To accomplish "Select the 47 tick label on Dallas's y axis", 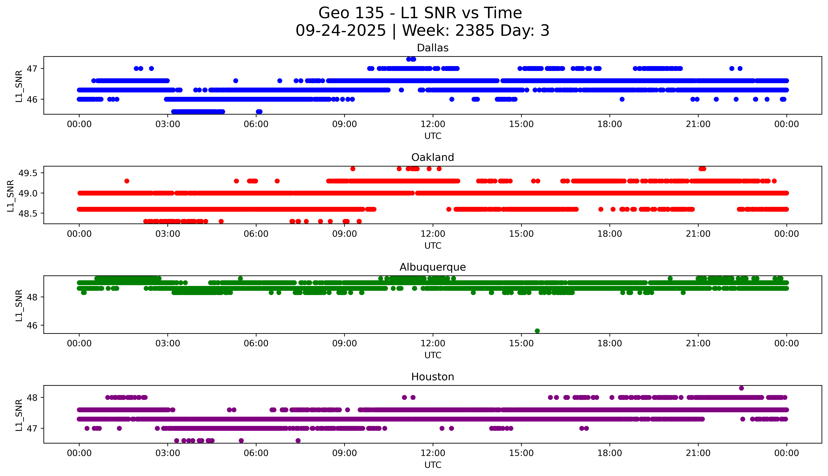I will click(32, 69).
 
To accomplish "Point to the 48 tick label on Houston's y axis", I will click(32, 398).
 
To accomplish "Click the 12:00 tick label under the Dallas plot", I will click(433, 124).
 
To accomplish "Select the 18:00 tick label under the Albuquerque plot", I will click(609, 343).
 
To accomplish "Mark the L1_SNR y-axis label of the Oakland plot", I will click(11, 196).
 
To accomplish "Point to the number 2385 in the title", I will click(475, 31).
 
